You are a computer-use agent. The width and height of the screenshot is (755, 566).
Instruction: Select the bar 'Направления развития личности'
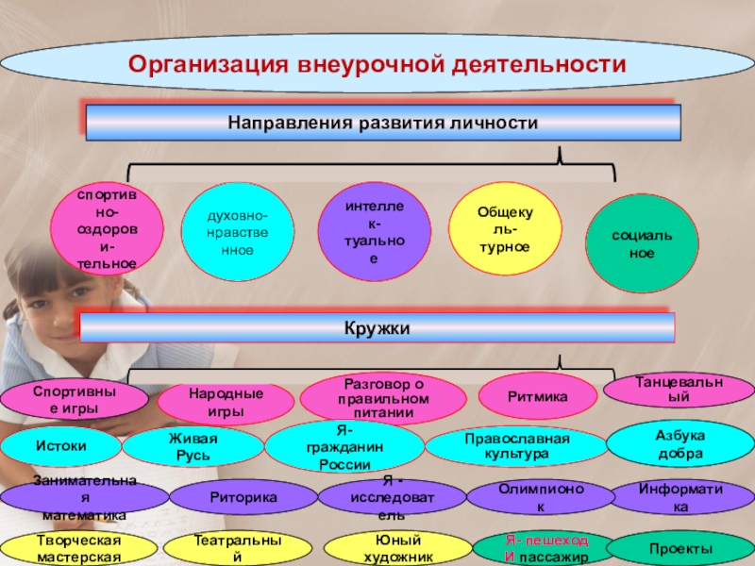click(383, 123)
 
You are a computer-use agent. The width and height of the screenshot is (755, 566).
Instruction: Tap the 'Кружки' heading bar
click(377, 327)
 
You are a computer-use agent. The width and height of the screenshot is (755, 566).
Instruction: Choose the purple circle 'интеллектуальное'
click(375, 231)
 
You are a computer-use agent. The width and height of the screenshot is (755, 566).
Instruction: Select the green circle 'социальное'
click(643, 244)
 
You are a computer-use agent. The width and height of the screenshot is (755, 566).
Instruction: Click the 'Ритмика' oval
click(537, 396)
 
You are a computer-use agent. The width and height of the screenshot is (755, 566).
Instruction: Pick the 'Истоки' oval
click(60, 446)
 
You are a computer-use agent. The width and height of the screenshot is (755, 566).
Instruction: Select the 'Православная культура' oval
click(516, 446)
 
